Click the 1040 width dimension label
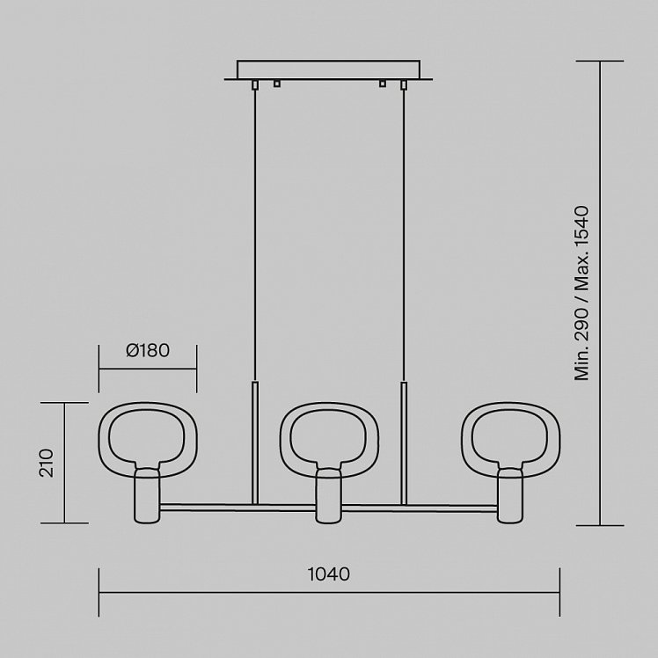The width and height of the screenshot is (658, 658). pos(329,574)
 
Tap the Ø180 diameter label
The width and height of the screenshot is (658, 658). pos(148,350)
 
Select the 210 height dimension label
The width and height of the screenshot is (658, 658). pos(47,463)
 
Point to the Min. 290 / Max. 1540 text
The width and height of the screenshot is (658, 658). pos(582,293)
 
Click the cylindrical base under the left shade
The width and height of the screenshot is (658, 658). pos(147,496)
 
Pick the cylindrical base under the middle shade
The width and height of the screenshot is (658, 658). pos(329,496)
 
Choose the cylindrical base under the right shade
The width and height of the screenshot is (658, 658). pos(510,496)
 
